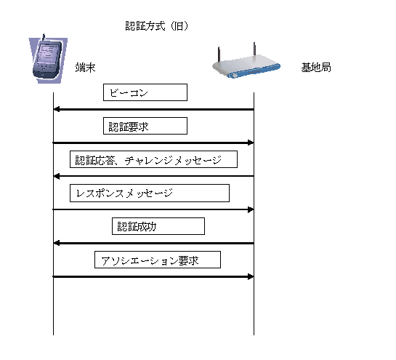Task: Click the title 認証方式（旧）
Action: pos(157,26)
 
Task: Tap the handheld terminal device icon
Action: pos(48,59)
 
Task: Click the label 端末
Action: pos(85,68)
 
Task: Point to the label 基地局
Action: pos(316,68)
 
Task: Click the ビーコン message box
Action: pos(145,92)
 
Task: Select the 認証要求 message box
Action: pos(145,126)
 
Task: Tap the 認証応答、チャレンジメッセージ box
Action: pos(153,159)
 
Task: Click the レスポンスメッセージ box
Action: pos(150,193)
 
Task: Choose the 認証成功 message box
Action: pos(158,226)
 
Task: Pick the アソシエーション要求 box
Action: pos(158,260)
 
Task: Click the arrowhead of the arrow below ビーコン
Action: pos(57,110)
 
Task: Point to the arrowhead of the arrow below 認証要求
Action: pos(251,143)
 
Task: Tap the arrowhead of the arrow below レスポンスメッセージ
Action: pos(251,209)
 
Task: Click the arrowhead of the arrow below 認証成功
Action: pos(57,243)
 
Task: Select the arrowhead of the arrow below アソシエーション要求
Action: pos(251,276)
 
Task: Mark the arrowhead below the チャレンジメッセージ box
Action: pos(57,176)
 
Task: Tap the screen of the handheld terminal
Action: pos(47,54)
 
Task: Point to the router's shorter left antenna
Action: pos(219,54)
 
